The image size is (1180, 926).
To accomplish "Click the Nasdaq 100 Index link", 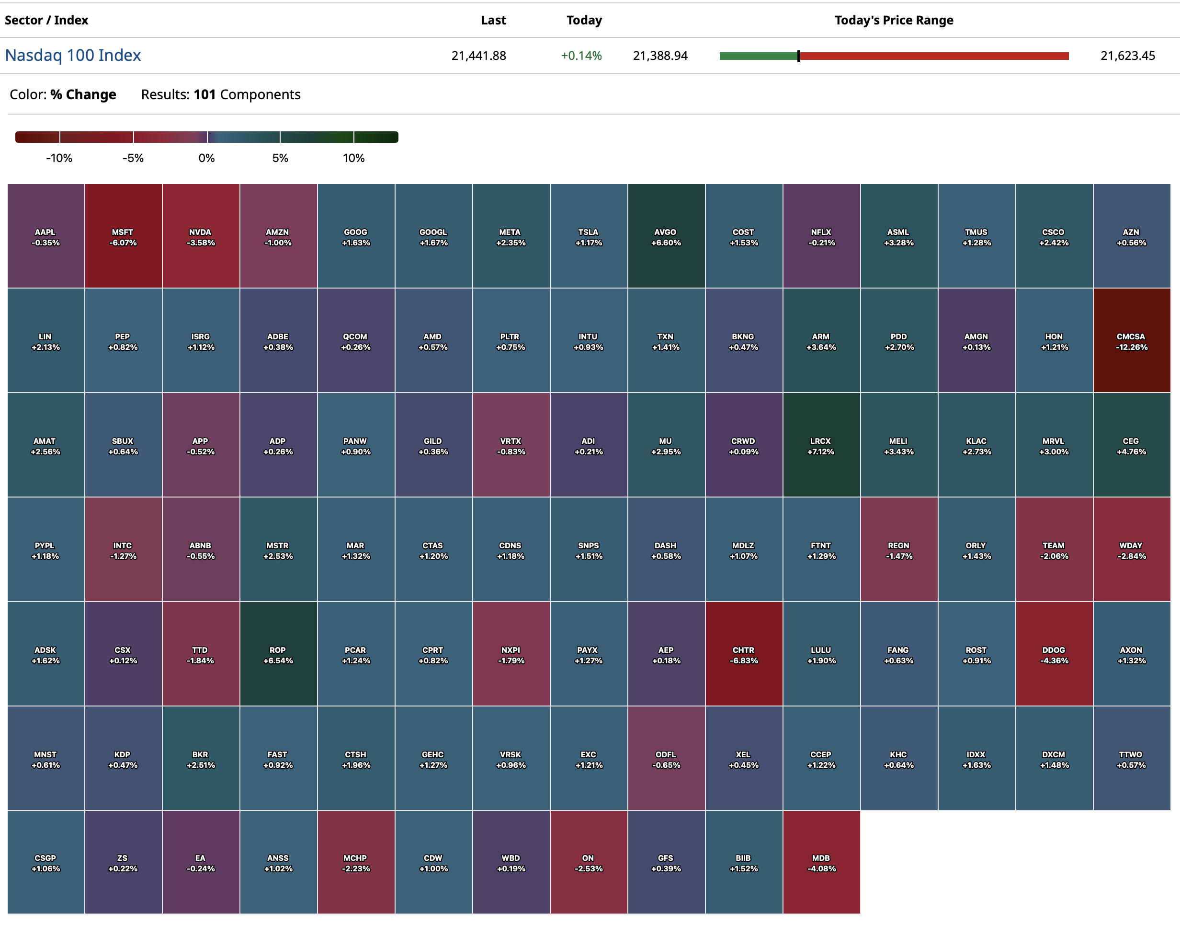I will pyautogui.click(x=73, y=55).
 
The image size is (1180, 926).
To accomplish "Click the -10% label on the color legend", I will pyautogui.click(x=59, y=158).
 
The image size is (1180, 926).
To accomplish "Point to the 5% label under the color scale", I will pyautogui.click(x=280, y=158).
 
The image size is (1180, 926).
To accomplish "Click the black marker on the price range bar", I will pyautogui.click(x=799, y=56).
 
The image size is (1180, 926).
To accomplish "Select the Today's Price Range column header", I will pyautogui.click(x=894, y=21).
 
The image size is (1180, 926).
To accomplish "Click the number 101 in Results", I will pyautogui.click(x=204, y=95).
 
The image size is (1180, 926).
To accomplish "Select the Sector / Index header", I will pyautogui.click(x=46, y=21).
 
